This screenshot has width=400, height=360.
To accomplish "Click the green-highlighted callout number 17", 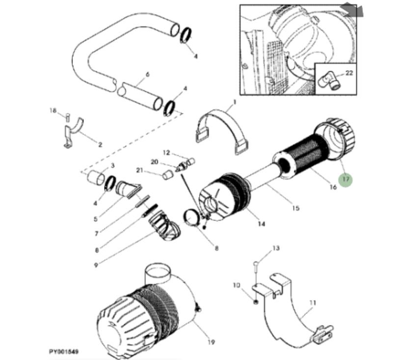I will click(346, 180).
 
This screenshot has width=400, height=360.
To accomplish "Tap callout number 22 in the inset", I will click(349, 73).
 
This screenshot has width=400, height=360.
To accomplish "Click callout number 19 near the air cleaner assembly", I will click(212, 342).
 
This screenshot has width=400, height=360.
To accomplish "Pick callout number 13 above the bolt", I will click(276, 249).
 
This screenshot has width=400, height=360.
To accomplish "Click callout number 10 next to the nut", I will click(236, 285).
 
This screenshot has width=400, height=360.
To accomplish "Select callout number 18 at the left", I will click(53, 111).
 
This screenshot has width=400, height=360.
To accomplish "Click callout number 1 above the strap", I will click(234, 102).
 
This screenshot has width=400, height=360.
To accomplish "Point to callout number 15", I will click(295, 208).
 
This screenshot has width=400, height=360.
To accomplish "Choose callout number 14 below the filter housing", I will click(261, 224).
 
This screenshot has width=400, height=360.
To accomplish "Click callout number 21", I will click(140, 170).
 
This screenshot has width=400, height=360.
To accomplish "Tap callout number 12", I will click(166, 153).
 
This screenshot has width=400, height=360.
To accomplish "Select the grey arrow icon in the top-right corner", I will click(353, 9).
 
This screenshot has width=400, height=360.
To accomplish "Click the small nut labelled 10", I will click(256, 301).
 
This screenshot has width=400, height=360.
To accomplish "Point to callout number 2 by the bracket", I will click(100, 144).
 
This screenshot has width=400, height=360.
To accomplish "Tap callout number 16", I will click(333, 187).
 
